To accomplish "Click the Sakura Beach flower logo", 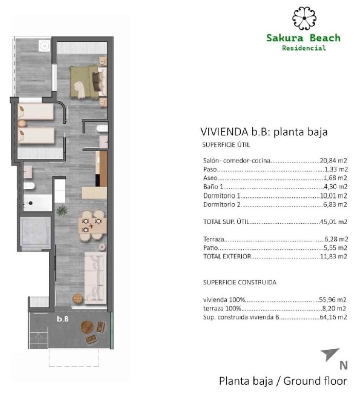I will [x=303, y=19].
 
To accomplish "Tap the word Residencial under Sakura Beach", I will [x=304, y=48].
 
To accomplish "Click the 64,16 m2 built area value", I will [x=331, y=317].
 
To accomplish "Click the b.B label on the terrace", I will [x=63, y=319].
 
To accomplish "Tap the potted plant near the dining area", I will [x=62, y=210].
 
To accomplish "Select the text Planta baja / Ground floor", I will [x=283, y=381].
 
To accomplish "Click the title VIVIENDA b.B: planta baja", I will [x=263, y=132].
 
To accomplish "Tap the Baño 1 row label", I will [x=214, y=187].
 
